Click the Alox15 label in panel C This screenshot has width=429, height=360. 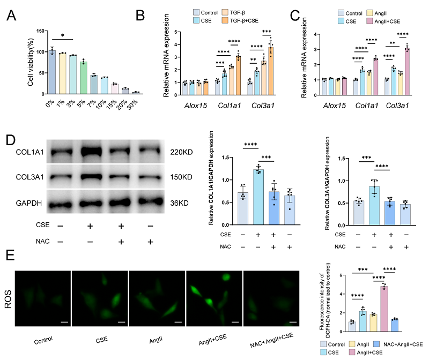[335, 106]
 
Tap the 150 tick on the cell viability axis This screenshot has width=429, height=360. [37, 31]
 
